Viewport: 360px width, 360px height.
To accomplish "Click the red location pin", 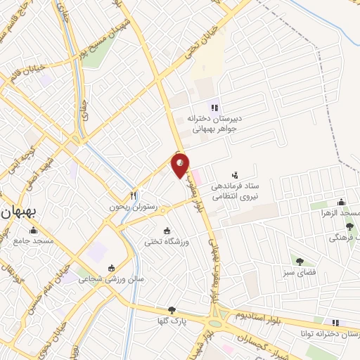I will point(181,165).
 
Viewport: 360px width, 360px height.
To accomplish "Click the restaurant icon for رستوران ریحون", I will point(134,195).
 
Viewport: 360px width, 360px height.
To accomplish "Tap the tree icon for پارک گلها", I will point(172,310).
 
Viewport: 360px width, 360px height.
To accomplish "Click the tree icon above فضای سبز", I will point(300,261).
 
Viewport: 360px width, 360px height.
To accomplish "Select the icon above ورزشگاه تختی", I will point(167,231).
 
